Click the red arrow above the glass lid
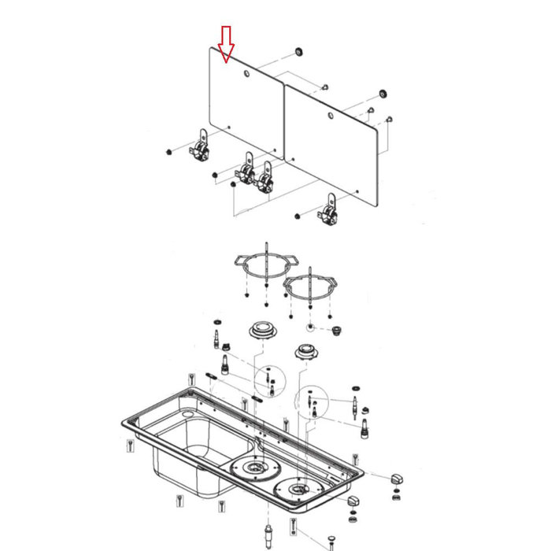pyautogui.click(x=226, y=44)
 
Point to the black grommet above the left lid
pyautogui.click(x=298, y=52)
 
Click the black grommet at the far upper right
pyautogui.click(x=383, y=94)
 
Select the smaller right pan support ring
pyautogui.click(x=311, y=288)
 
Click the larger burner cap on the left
pyautogui.click(x=261, y=330)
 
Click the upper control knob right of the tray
pyautogui.click(x=395, y=479)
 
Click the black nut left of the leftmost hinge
pyautogui.click(x=169, y=151)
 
